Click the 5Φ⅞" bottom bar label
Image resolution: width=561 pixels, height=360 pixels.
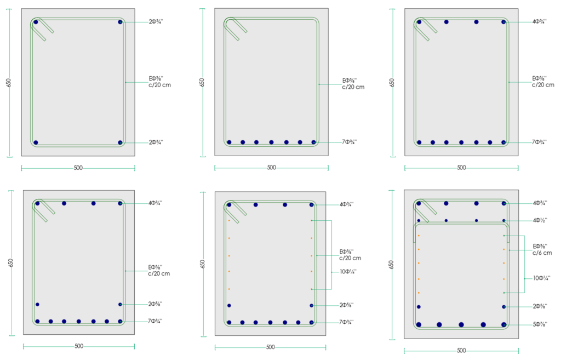click(540, 324)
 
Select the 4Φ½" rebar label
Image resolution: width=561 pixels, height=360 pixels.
click(540, 220)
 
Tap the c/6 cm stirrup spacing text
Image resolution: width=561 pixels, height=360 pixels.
click(542, 253)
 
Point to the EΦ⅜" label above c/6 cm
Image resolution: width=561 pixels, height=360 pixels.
click(540, 246)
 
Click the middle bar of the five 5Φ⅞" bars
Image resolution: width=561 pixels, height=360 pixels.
click(461, 324)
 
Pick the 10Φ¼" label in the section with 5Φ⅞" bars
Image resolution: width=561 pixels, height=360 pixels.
click(542, 278)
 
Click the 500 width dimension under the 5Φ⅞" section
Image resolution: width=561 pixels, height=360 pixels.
click(461, 350)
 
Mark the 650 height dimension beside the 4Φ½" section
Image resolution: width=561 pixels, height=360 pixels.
click(391, 265)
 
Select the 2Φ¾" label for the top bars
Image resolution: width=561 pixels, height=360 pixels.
click(156, 22)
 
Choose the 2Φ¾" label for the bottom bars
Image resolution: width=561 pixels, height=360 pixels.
click(156, 142)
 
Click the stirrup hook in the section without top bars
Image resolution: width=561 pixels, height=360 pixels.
click(236, 28)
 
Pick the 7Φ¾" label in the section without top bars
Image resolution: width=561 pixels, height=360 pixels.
click(349, 142)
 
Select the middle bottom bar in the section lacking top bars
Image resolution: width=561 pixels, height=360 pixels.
click(271, 142)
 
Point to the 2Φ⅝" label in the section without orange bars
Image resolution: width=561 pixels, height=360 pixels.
click(155, 304)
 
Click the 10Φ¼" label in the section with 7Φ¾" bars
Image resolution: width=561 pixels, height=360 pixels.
click(348, 272)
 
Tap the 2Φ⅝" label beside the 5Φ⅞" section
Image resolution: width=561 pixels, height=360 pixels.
click(540, 306)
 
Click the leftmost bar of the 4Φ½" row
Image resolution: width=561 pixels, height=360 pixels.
click(419, 220)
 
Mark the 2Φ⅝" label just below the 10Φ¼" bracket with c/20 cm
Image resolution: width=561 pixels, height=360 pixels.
click(346, 305)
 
